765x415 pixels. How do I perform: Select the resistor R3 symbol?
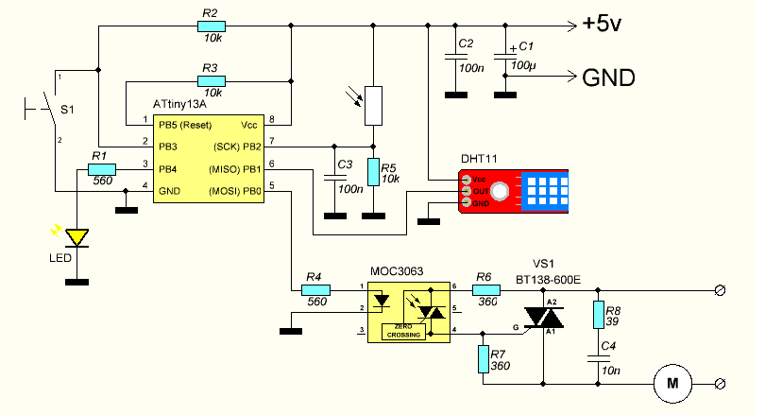(x=210, y=81)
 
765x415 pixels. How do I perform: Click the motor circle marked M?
(x=672, y=383)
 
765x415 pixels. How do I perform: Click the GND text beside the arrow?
(x=607, y=77)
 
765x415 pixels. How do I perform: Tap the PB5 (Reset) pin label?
(x=185, y=124)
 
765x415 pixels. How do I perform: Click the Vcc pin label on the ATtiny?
(x=249, y=124)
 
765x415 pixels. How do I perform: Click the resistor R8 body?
(x=598, y=314)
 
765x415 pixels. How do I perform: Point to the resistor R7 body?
(x=484, y=359)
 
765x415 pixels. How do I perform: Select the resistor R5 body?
(x=373, y=172)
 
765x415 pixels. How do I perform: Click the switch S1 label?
(x=68, y=111)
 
